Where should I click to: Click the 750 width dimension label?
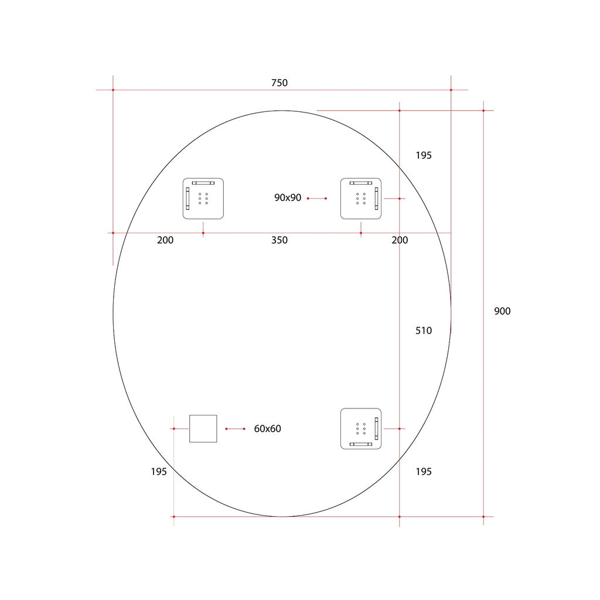point(279,83)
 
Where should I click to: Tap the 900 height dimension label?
point(502,311)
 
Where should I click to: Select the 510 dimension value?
point(424,330)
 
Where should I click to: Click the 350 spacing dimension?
point(279,240)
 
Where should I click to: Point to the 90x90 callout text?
point(288,198)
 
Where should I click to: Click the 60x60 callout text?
point(267,429)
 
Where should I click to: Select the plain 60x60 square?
point(203,428)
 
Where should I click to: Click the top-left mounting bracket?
point(203,199)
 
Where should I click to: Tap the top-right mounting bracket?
point(361,199)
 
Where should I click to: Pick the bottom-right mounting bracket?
point(361,428)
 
